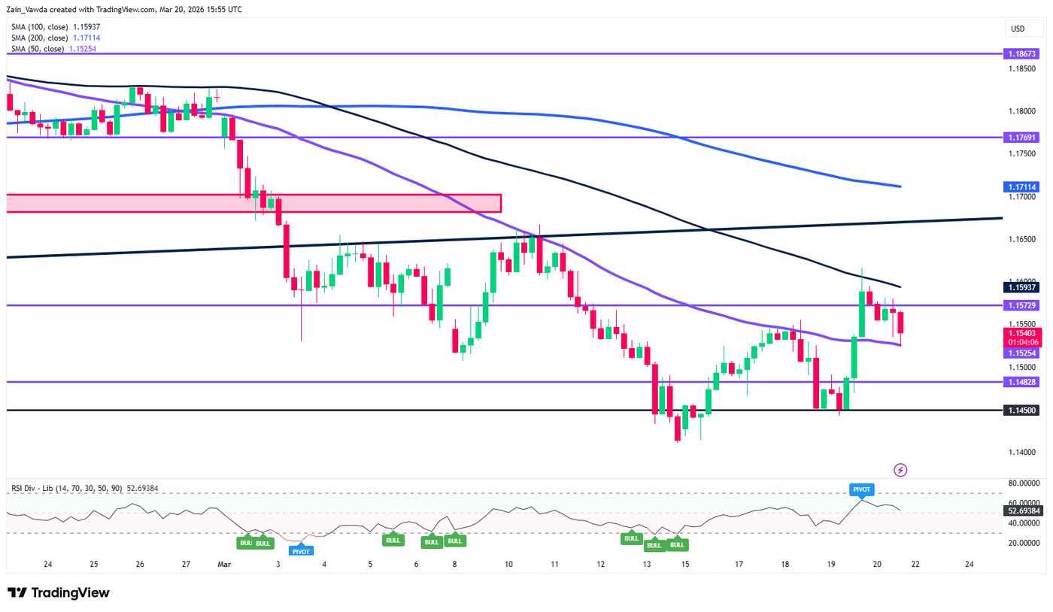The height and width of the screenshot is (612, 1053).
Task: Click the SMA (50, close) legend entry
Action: coord(53,49)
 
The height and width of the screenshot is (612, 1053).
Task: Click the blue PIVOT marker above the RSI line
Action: coord(860,489)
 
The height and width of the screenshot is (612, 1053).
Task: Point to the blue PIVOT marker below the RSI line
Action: coord(301,550)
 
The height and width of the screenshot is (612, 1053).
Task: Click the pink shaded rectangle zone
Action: coord(253,203)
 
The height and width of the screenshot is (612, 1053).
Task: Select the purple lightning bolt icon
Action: coord(900,470)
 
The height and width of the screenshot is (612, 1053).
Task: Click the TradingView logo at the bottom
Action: coord(59,592)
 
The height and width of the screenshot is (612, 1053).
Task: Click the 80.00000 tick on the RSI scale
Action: coord(1022,483)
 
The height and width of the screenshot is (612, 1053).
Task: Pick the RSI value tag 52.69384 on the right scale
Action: coord(1022,511)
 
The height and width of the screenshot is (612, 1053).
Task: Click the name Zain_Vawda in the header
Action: coord(37,10)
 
